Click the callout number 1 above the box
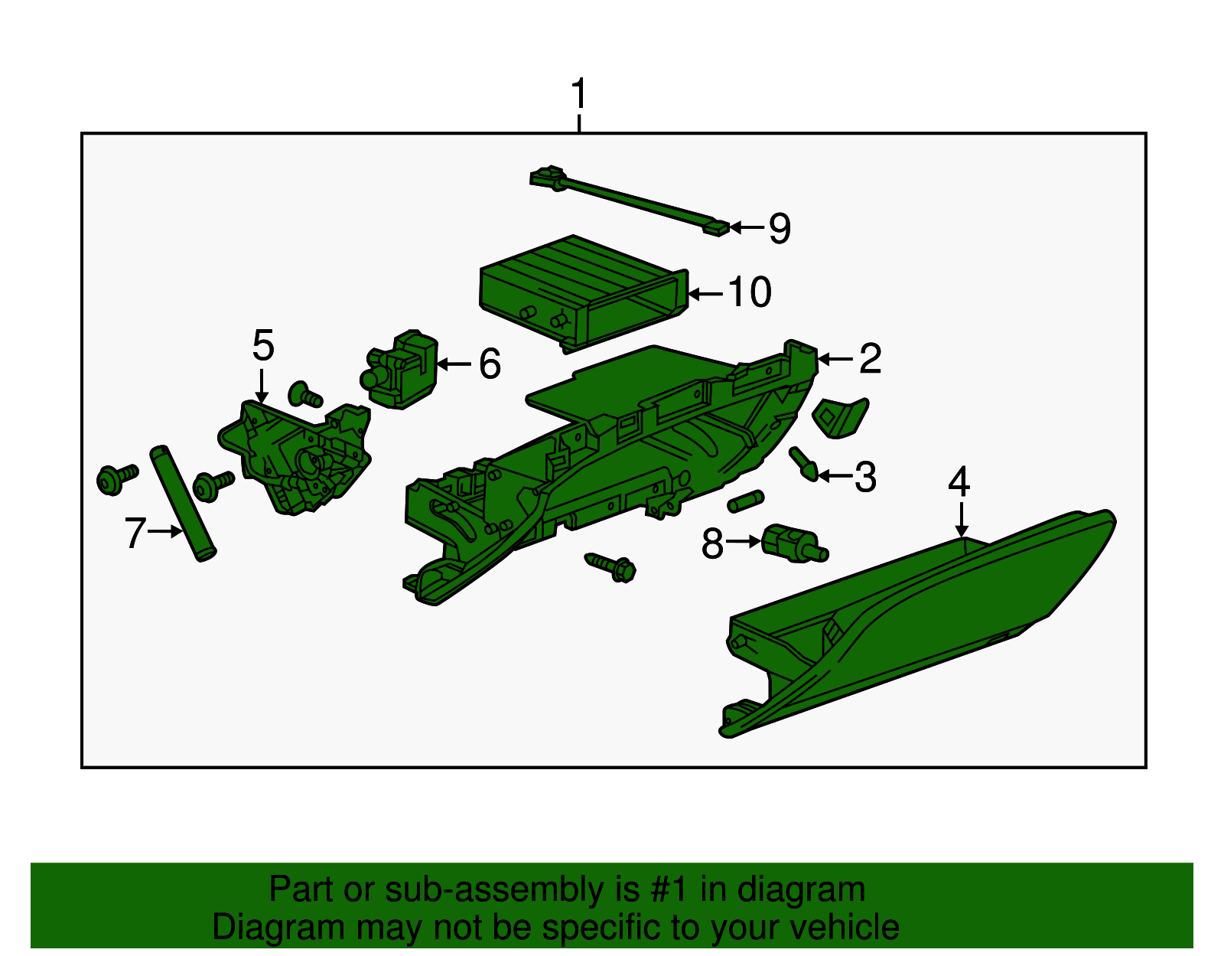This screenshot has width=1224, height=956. (579, 94)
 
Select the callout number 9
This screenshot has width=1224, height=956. (780, 228)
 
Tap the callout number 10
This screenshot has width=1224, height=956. (749, 292)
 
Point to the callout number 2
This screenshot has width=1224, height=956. (870, 358)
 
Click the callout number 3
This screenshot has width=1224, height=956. (866, 477)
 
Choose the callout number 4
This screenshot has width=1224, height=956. (959, 481)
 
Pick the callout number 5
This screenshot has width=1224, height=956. (263, 345)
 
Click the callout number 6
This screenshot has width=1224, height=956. (490, 364)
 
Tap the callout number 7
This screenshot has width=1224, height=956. (135, 533)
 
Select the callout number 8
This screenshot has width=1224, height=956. (712, 543)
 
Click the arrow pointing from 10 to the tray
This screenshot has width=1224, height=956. (705, 293)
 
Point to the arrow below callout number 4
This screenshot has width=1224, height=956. (962, 519)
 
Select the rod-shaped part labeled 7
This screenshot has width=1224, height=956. (183, 503)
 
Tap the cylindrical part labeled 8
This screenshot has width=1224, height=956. (794, 543)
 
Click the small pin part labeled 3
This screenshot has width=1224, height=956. (804, 464)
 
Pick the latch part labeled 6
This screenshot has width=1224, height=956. (399, 369)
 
